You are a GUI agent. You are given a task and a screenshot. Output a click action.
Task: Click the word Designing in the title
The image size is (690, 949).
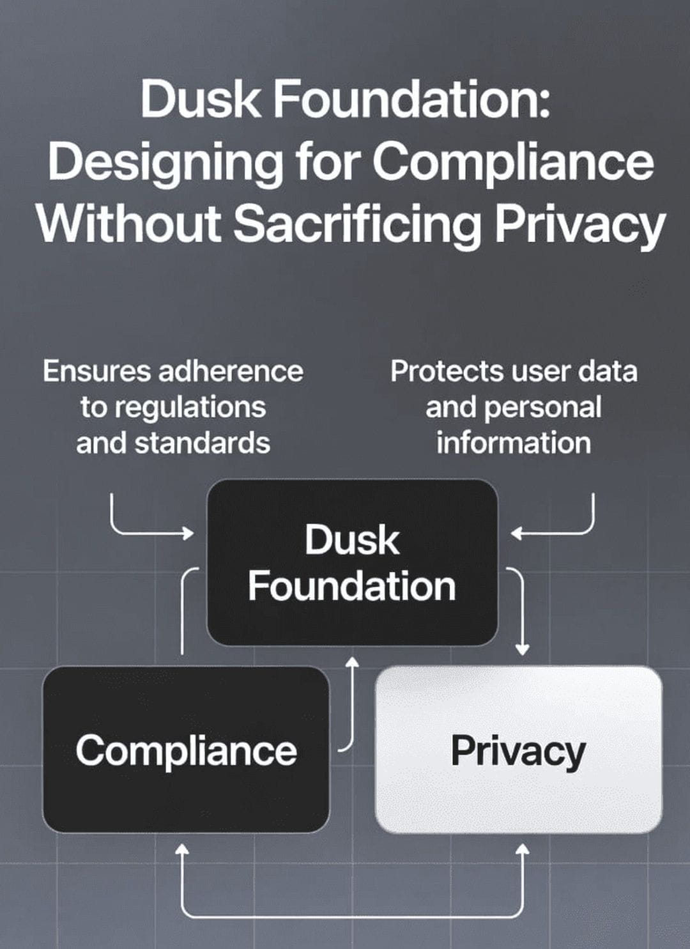click(165, 162)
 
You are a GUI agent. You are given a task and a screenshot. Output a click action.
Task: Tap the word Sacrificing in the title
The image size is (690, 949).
click(356, 224)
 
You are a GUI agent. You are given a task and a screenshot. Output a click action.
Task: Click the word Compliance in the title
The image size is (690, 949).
click(513, 162)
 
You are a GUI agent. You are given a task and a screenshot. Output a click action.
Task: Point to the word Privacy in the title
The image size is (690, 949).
click(580, 224)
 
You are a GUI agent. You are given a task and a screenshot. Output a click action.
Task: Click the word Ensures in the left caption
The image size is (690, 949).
click(96, 371)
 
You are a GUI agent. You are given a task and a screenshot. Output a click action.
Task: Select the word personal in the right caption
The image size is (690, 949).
click(552, 407)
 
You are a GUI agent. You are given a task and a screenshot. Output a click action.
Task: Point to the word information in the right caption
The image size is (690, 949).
click(514, 443)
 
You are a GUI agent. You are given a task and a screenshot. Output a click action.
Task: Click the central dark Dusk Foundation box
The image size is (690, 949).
click(352, 563)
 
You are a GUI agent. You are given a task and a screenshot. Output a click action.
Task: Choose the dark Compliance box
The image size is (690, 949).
click(186, 750)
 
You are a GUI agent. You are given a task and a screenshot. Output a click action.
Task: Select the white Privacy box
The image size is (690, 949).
click(518, 750)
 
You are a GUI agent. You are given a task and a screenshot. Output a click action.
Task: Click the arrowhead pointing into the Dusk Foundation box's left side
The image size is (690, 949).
click(189, 532)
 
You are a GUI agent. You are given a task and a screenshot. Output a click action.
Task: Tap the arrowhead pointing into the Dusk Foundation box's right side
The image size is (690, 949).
click(516, 532)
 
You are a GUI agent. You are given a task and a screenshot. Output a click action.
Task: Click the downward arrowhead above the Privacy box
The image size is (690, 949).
click(522, 650)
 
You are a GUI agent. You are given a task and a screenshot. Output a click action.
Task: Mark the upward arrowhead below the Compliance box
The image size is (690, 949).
click(183, 849)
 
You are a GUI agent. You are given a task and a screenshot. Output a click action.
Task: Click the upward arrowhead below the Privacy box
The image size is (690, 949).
click(522, 849)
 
